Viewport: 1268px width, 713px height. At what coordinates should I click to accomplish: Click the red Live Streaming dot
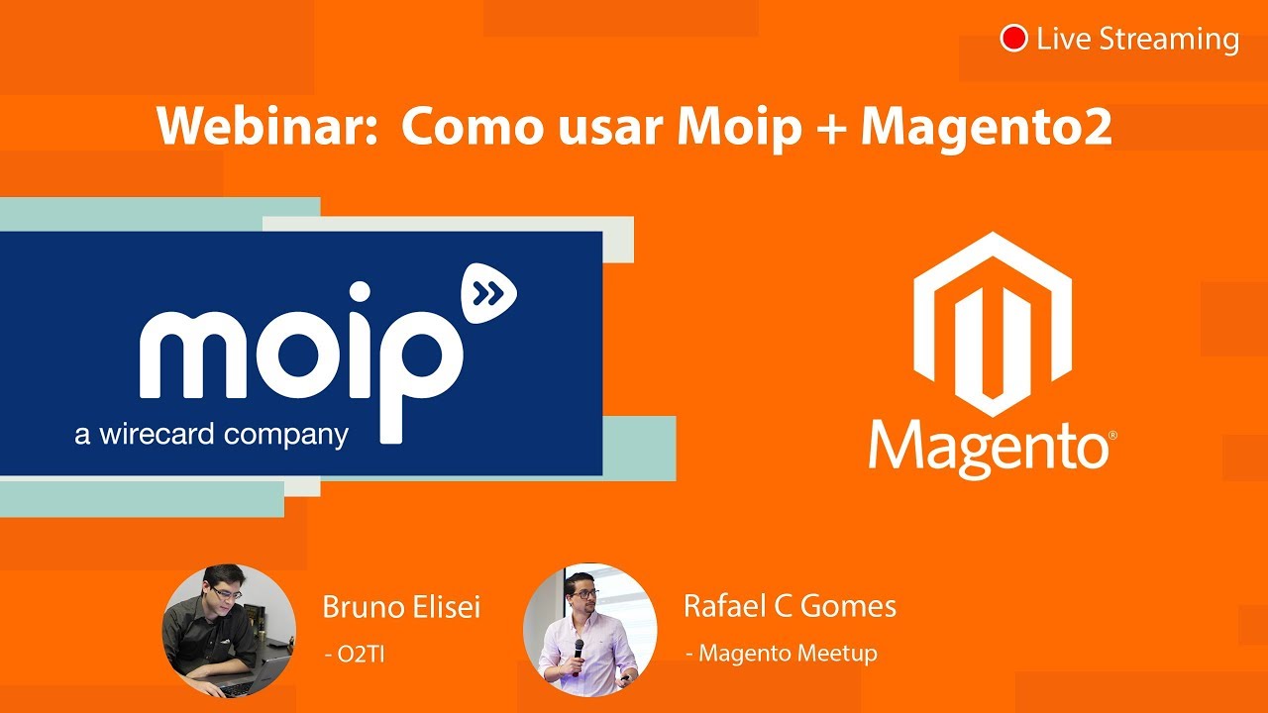[x=1013, y=39]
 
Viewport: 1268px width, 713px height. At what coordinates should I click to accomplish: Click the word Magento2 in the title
[x=985, y=127]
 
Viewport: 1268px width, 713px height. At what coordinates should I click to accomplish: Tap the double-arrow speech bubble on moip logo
[x=488, y=292]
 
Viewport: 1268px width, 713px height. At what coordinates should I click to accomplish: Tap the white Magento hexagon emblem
[x=992, y=323]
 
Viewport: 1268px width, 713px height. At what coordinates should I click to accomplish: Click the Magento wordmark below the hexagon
[x=987, y=448]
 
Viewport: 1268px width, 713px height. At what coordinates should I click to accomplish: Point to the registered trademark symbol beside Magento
[x=1113, y=435]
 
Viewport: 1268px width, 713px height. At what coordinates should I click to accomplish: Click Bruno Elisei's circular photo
[x=229, y=631]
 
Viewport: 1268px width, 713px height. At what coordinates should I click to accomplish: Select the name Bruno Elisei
[x=401, y=607]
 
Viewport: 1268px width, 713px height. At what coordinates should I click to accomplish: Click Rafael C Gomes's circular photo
[x=589, y=631]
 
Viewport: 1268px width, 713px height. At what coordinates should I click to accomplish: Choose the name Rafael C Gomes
[x=790, y=606]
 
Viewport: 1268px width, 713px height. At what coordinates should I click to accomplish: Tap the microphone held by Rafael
[x=579, y=648]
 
